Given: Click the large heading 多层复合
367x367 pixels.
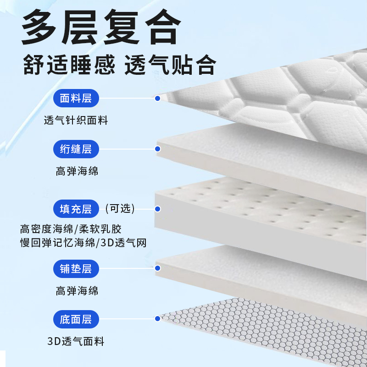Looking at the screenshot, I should [100, 28].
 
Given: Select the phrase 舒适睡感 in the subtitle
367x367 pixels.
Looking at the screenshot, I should [69, 65].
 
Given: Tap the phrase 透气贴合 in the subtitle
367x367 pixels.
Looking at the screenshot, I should [170, 65].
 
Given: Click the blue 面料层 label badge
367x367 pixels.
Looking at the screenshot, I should [76, 98].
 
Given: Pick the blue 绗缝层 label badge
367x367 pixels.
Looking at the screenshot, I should [76, 149].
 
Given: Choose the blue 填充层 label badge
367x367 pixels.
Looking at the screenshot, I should [76, 209].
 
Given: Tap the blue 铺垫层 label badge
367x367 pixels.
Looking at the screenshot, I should [76, 269].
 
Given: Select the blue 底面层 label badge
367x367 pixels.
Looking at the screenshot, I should [76, 319].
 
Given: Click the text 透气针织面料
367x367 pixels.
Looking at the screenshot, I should [76, 121].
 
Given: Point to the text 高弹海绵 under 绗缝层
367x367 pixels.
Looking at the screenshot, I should [77, 172].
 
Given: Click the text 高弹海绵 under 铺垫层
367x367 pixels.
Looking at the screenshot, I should [77, 291].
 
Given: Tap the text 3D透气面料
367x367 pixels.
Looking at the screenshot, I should [76, 341].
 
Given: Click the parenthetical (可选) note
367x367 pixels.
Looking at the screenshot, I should [120, 209].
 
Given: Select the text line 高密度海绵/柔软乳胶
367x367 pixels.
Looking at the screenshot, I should [71, 228].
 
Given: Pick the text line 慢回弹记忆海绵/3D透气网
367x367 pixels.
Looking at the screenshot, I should [83, 243].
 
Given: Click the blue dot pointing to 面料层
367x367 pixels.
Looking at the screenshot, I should [157, 98].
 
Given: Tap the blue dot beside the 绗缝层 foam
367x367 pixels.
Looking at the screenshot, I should [157, 149].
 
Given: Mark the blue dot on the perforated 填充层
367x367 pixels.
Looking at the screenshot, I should [157, 209].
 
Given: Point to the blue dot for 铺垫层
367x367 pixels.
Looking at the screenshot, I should [157, 269].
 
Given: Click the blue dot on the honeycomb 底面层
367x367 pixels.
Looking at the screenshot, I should [157, 319].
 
